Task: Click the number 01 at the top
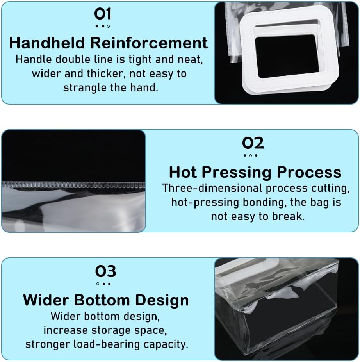[x=103, y=14]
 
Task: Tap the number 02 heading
[x=253, y=143]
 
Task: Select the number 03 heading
[x=105, y=271]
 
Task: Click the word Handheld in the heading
[x=47, y=43]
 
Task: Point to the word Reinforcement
[x=149, y=43]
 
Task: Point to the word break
[x=288, y=216]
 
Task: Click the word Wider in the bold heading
[x=46, y=300]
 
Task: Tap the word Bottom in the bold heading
[x=102, y=300]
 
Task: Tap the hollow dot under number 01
[x=109, y=26]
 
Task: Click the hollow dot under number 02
[x=250, y=155]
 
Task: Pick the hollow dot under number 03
[x=98, y=284]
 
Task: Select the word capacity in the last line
[x=166, y=345]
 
